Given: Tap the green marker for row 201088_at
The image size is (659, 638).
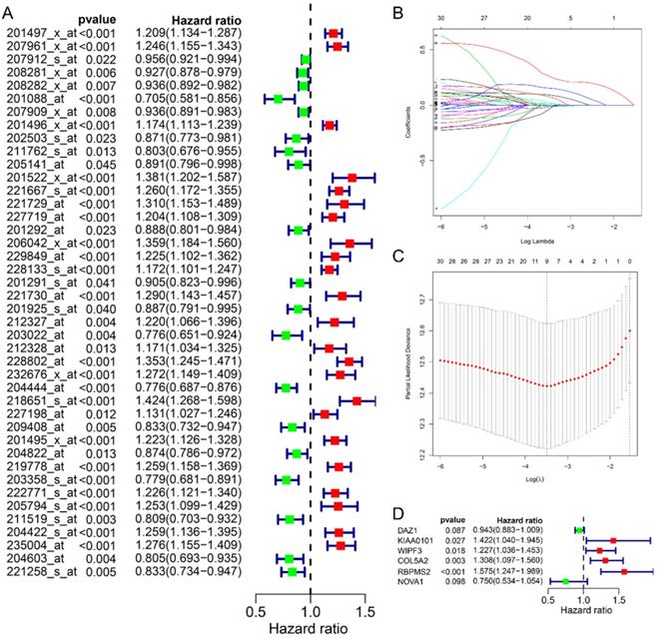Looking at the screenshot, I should pyautogui.click(x=279, y=98).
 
